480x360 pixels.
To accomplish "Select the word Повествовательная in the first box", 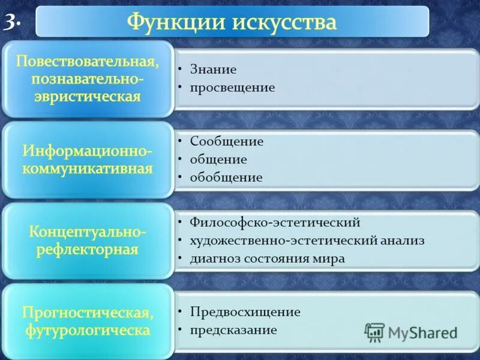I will (x=87, y=62).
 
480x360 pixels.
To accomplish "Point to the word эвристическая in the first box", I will (x=87, y=97).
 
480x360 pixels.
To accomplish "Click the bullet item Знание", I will (x=213, y=70).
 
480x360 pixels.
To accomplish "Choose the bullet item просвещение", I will (x=232, y=88).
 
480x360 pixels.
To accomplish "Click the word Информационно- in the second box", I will (x=87, y=149).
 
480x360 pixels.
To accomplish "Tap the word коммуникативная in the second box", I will (x=87, y=168).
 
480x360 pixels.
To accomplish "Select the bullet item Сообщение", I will (x=226, y=142).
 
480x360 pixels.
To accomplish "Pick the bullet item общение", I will (x=218, y=160).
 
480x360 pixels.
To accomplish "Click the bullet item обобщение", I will (x=226, y=178).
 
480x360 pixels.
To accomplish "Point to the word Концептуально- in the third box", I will (x=87, y=231).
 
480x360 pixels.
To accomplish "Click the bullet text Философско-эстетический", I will (x=275, y=223).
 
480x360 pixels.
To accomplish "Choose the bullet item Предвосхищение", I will (x=245, y=312).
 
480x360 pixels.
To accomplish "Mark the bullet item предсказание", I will (x=233, y=330).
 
